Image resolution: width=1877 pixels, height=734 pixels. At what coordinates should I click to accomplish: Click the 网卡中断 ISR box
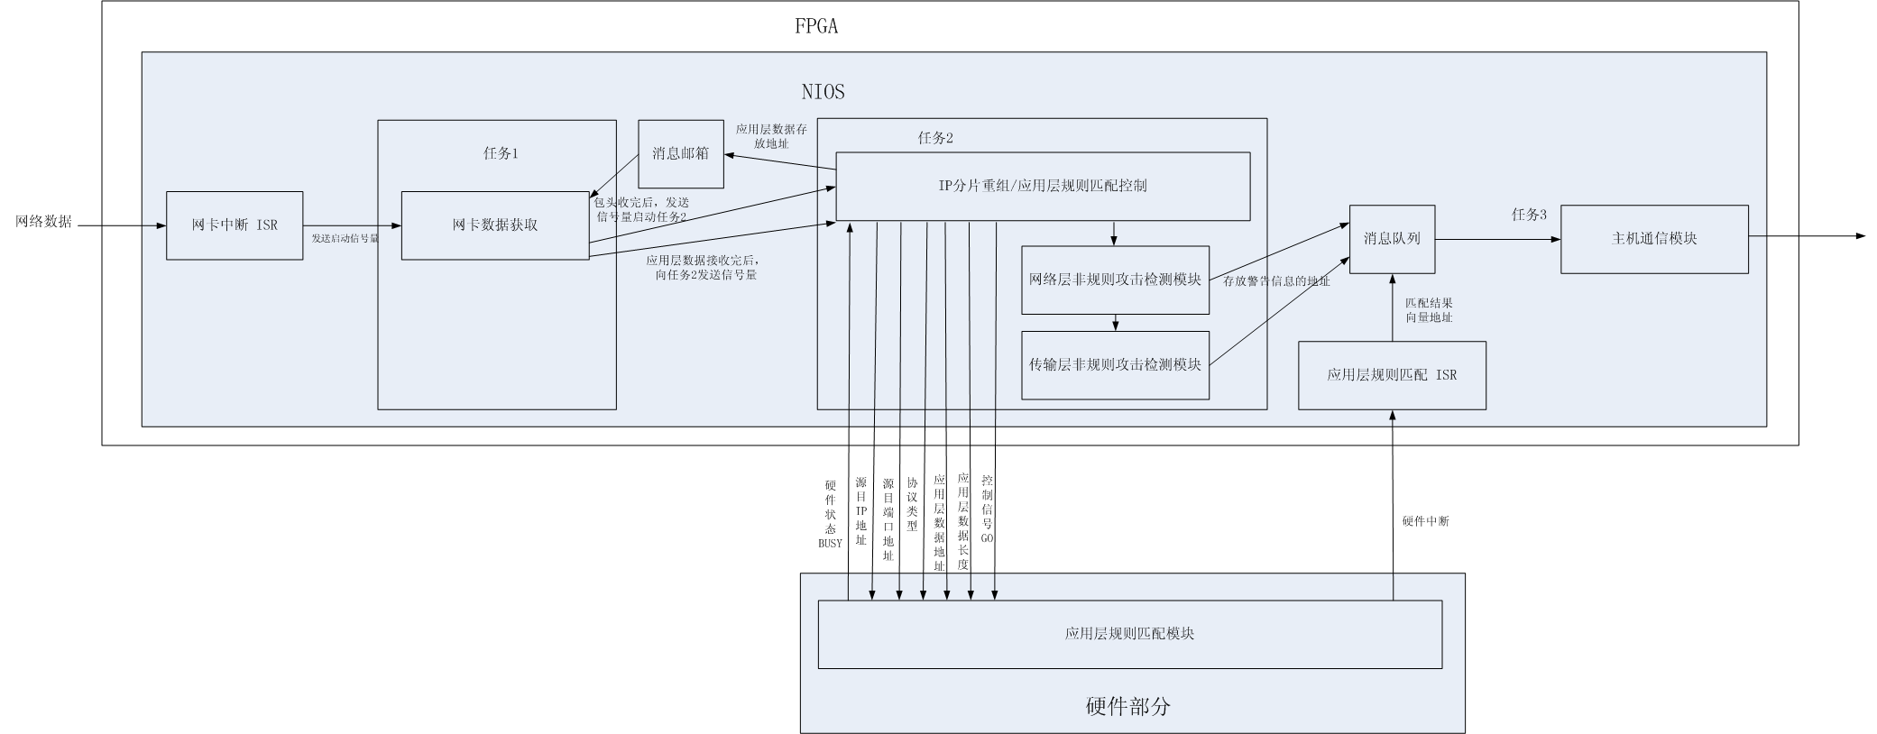pyautogui.click(x=235, y=225)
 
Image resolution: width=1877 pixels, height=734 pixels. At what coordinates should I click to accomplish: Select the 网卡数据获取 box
pyautogui.click(x=495, y=225)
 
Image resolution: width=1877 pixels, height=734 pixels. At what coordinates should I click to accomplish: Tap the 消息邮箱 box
pyautogui.click(x=681, y=153)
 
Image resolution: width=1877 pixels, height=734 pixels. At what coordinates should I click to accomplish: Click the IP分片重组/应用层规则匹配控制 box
pyautogui.click(x=1043, y=186)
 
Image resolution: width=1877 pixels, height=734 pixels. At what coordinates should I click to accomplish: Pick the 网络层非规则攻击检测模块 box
pyautogui.click(x=1115, y=280)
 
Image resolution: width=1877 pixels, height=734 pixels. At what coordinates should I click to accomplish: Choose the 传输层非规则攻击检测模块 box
pyautogui.click(x=1115, y=365)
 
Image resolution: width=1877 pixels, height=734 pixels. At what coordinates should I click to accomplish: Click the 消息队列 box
pyautogui.click(x=1392, y=239)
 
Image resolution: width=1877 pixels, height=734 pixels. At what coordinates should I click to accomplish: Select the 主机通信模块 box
pyautogui.click(x=1654, y=239)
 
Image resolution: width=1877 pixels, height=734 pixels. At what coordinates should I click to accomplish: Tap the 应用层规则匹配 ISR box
pyautogui.click(x=1392, y=375)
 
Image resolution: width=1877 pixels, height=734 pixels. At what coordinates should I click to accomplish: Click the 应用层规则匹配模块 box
pyautogui.click(x=1129, y=634)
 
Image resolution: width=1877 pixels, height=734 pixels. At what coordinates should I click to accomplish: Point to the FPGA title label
pyautogui.click(x=816, y=26)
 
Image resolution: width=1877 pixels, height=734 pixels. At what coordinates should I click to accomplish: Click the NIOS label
pyautogui.click(x=823, y=91)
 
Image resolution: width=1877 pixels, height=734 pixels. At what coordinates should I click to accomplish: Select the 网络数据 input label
pyautogui.click(x=43, y=222)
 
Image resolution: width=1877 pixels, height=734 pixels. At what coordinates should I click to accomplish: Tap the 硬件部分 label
pyautogui.click(x=1127, y=706)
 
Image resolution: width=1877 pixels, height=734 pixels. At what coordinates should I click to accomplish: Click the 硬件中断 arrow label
pyautogui.click(x=1425, y=521)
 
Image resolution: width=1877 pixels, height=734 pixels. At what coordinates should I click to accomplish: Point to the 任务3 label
pyautogui.click(x=1529, y=215)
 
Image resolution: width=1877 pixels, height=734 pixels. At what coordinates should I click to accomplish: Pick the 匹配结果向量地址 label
pyautogui.click(x=1429, y=310)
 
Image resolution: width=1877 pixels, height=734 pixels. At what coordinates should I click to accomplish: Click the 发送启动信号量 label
pyautogui.click(x=345, y=239)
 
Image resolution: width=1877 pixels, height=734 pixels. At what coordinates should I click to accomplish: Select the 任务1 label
pyautogui.click(x=501, y=153)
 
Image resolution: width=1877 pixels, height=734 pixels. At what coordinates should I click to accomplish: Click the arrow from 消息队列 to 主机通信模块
pyautogui.click(x=1497, y=239)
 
